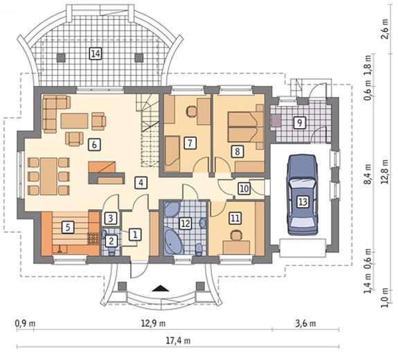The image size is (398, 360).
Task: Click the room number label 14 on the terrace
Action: click(96, 54)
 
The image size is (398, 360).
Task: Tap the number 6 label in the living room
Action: click(94, 145)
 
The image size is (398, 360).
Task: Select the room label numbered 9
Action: click(300, 123)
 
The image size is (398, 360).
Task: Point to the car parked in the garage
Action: click(302, 195)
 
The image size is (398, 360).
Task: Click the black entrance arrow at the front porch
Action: click(160, 289)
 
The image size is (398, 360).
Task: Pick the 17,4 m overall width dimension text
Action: click(178, 341)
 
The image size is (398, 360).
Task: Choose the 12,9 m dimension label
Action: click(153, 324)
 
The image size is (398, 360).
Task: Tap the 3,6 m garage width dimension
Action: click(306, 324)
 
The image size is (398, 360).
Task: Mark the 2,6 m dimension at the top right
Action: click(386, 28)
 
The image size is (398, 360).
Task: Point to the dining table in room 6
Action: click(48, 176)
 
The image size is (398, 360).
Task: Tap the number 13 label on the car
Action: click(302, 202)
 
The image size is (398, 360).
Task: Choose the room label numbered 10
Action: click(244, 188)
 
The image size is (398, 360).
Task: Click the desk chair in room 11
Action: click(236, 235)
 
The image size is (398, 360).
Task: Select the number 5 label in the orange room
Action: click(68, 227)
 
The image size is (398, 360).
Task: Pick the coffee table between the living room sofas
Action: click(74, 121)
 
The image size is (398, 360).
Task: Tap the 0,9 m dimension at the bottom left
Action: click(26, 324)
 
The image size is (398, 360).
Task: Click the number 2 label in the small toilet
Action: click(111, 241)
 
